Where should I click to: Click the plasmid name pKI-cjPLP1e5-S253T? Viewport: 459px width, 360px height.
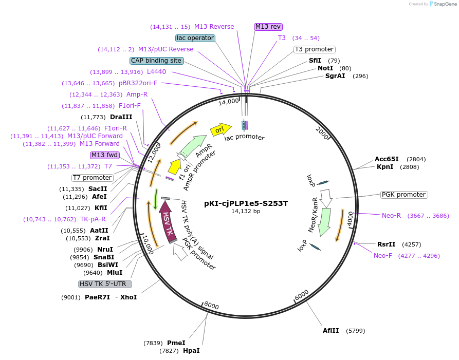click(x=246, y=203)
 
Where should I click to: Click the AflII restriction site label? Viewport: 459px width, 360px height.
click(x=331, y=331)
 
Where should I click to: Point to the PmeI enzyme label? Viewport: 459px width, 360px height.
click(x=176, y=343)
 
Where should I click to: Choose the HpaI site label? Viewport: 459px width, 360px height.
click(x=191, y=351)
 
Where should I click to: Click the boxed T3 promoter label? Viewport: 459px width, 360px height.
click(x=314, y=49)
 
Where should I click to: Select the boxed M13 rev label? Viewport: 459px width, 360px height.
click(x=268, y=27)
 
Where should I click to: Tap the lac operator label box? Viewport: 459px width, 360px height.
click(x=195, y=38)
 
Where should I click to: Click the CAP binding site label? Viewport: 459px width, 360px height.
click(x=156, y=61)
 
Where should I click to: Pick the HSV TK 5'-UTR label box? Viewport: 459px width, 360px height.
click(x=105, y=284)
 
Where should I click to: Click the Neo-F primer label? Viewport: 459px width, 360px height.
click(x=383, y=256)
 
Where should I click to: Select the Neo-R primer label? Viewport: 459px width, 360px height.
click(x=391, y=216)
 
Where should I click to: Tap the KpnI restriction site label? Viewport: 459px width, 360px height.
click(x=385, y=167)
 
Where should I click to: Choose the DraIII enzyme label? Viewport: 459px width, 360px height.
click(x=121, y=117)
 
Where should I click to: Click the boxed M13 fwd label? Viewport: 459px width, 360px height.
click(x=104, y=155)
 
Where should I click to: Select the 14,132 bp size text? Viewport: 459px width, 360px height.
click(x=246, y=211)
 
